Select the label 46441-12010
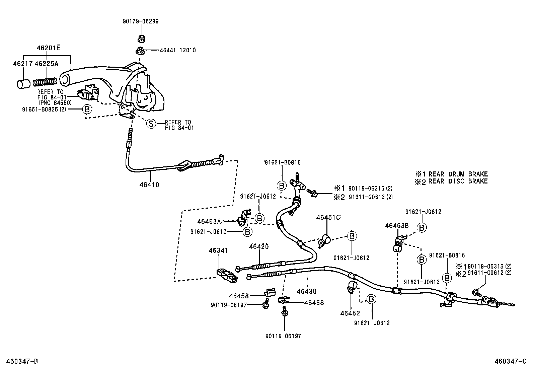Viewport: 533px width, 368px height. (x=177, y=50)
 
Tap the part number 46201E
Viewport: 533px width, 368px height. (x=48, y=48)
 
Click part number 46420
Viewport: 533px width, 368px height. (x=258, y=247)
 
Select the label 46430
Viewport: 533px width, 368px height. (x=306, y=291)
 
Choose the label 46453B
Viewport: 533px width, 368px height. (x=396, y=226)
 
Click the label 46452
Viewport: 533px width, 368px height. (x=350, y=313)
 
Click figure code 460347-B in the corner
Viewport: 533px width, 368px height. (x=22, y=361)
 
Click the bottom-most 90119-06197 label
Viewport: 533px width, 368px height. (x=284, y=336)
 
